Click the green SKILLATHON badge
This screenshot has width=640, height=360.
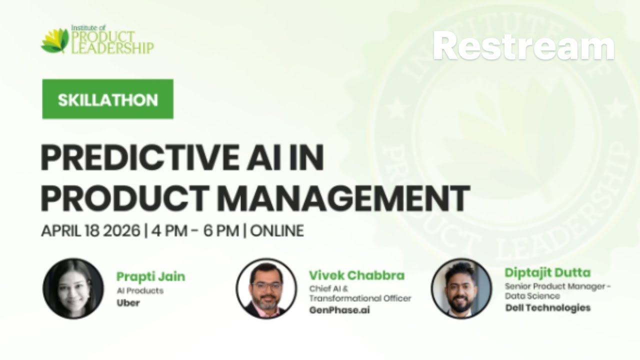(107, 99)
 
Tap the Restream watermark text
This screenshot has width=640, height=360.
(523, 46)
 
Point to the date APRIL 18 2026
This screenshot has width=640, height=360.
(90, 230)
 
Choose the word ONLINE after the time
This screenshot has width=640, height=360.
(276, 230)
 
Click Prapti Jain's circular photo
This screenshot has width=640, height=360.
(73, 289)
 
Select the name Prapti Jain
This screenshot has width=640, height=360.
(150, 276)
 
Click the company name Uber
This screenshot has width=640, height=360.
(128, 303)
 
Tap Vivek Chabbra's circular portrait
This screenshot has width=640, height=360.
(266, 289)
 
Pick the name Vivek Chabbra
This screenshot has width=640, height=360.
(356, 275)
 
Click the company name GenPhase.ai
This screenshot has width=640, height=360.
(339, 310)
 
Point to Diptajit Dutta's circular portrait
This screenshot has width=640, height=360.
(461, 289)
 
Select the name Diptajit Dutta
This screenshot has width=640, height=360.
(547, 272)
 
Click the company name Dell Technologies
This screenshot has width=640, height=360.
(547, 307)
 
